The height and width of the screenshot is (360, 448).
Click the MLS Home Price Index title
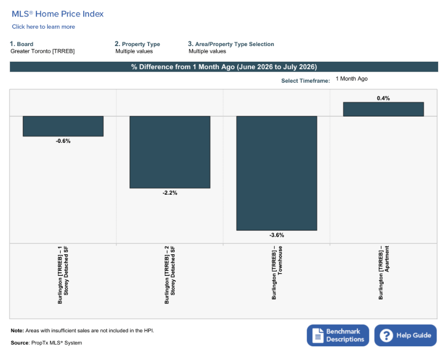(58, 14)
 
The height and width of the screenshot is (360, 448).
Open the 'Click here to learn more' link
(43, 27)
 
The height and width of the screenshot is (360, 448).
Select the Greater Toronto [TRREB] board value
(42, 51)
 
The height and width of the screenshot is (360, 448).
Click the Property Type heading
(141, 44)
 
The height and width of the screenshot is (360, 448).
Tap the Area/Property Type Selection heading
(234, 44)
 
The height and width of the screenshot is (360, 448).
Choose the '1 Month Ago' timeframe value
(351, 78)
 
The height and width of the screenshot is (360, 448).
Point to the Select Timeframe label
(306, 81)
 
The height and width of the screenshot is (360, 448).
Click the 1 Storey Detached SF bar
(63, 126)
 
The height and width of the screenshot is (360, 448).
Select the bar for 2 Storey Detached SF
(170, 152)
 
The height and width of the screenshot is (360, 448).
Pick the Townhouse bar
(276, 173)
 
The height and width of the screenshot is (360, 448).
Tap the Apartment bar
(384, 109)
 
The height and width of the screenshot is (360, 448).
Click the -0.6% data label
(63, 141)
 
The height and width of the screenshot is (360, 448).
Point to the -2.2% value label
(170, 193)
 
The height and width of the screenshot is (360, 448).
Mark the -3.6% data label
(276, 235)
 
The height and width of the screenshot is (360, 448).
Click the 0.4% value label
(384, 98)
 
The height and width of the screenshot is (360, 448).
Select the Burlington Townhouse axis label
(277, 273)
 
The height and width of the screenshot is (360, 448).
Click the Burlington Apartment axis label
(384, 273)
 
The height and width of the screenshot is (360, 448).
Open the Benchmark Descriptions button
(338, 335)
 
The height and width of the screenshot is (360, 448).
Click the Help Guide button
(406, 335)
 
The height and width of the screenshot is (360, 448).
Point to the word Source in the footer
(20, 343)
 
